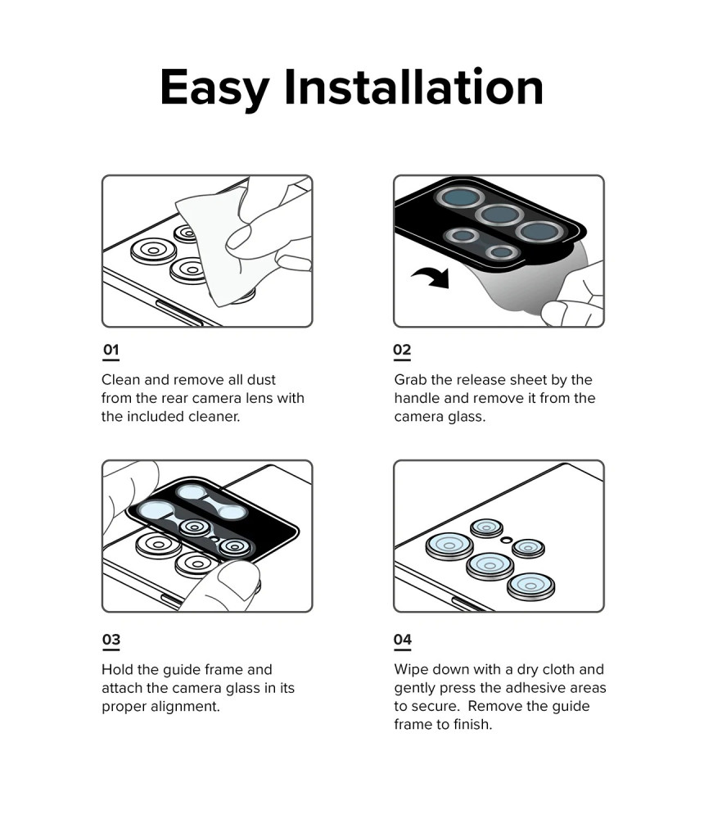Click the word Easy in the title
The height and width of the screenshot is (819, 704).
pos(214,88)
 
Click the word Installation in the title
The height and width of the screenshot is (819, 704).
pos(413,87)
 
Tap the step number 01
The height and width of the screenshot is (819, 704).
pos(111,350)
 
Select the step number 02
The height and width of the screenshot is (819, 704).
pos(402,350)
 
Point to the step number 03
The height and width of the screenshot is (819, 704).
pos(111,640)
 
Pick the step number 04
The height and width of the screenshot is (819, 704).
pos(403,640)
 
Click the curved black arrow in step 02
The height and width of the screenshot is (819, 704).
pos(432,276)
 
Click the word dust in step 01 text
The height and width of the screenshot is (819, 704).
pos(261,380)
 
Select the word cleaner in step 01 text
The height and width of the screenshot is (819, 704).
pos(214,416)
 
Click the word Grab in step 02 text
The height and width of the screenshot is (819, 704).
pos(410,380)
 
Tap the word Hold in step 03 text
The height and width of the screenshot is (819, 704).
pos(117,670)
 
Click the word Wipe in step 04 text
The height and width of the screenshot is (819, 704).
pos(411,670)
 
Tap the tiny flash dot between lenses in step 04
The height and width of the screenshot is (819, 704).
pos(506,540)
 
